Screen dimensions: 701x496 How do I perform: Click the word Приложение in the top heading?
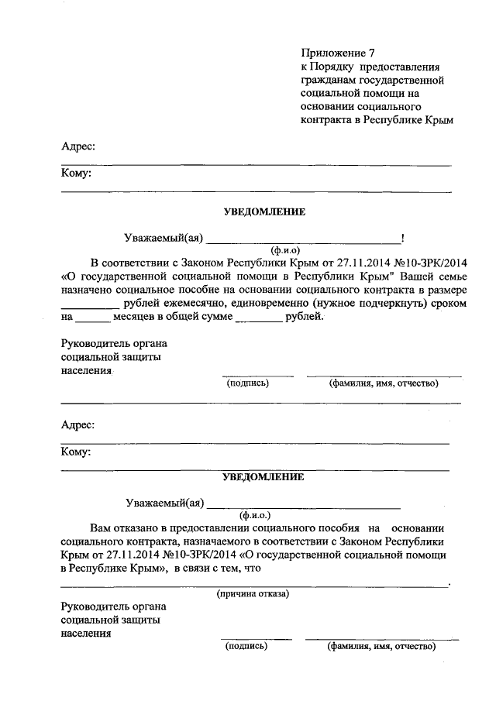(x=333, y=53)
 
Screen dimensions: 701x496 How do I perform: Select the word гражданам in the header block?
(x=331, y=80)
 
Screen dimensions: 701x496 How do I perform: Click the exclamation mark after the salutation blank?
(x=402, y=238)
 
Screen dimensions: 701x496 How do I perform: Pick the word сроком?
(x=446, y=304)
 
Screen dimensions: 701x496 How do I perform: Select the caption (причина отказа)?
(x=253, y=594)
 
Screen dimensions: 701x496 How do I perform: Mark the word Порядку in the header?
(x=334, y=67)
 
